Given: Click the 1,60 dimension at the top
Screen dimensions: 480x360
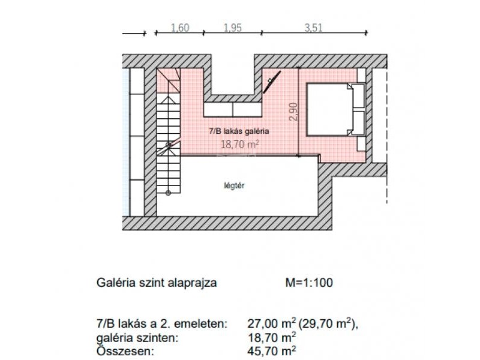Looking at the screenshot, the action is click(x=180, y=28).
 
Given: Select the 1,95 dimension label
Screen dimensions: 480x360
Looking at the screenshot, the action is click(x=233, y=28).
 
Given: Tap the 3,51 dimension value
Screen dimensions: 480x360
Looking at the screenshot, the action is click(x=313, y=28).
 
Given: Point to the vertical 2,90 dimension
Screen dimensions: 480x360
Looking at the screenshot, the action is click(x=293, y=112).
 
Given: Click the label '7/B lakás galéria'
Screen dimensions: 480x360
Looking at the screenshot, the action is click(x=239, y=131).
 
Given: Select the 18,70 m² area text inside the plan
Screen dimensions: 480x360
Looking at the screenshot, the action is click(x=240, y=144).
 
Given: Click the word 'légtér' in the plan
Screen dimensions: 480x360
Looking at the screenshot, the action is click(x=234, y=185).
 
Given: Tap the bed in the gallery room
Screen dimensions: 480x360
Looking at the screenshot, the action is click(x=336, y=109).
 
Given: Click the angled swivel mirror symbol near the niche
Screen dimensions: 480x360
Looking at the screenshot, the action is click(x=272, y=82).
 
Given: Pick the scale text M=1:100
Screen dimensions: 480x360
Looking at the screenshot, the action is click(x=309, y=282).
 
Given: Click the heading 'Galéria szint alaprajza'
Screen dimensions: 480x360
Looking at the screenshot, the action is click(x=157, y=282).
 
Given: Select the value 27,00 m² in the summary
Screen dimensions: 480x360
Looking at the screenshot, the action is click(x=272, y=323).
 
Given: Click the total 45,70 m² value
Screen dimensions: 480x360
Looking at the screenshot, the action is click(x=272, y=350).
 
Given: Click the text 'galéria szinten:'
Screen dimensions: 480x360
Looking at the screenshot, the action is click(x=137, y=338).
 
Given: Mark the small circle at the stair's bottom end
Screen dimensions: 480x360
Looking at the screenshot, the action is click(x=168, y=193).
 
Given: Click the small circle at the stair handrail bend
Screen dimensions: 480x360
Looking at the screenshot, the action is click(x=169, y=145).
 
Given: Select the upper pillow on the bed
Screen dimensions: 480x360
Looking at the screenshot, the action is click(x=358, y=96).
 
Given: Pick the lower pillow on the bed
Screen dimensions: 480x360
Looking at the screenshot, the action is click(x=358, y=123).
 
